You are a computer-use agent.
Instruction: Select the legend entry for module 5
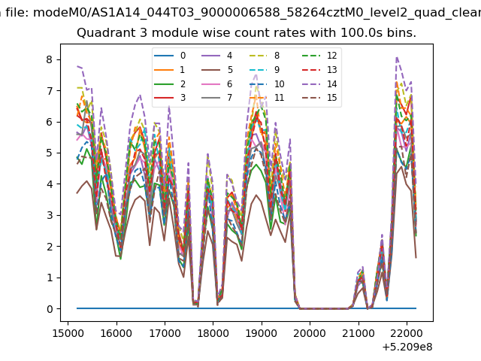click(217, 70)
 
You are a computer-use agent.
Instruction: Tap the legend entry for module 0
click(170, 56)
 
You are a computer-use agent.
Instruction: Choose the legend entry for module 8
click(265, 56)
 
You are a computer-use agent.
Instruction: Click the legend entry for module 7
click(217, 98)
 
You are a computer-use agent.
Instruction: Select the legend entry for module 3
click(170, 98)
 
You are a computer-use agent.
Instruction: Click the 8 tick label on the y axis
click(50, 59)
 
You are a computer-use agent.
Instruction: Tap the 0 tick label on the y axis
click(50, 309)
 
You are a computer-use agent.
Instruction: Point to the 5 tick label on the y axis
click(50, 153)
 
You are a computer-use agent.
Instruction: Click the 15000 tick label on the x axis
click(68, 333)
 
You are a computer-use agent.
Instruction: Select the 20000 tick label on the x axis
click(310, 333)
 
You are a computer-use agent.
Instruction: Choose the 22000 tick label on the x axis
click(407, 333)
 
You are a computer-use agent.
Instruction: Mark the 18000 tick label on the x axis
click(213, 333)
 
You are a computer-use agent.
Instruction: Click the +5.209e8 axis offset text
click(407, 347)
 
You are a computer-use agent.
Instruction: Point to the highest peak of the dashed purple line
click(397, 57)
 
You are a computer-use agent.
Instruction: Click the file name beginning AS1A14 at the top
click(257, 13)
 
